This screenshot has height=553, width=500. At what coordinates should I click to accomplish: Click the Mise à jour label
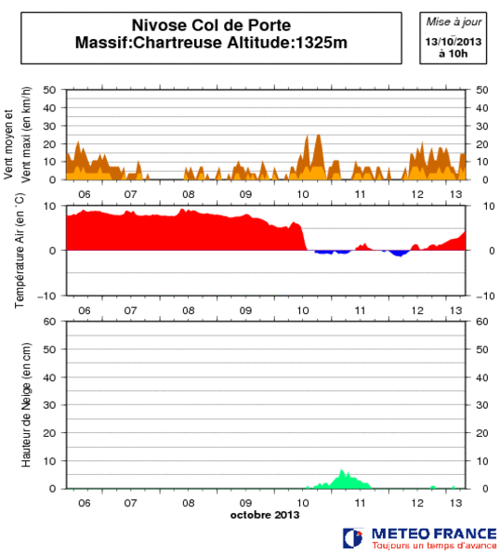click(x=454, y=20)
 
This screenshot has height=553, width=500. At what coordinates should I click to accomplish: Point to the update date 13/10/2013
click(x=454, y=42)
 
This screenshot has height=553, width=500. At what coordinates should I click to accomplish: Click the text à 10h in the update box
click(x=454, y=54)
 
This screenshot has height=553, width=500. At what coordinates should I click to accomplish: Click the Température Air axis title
click(x=20, y=251)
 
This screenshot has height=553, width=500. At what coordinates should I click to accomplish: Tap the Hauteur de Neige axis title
click(x=20, y=405)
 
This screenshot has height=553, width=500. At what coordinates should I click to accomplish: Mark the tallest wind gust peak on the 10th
click(x=319, y=136)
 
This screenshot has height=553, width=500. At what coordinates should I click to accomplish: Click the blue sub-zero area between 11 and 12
click(x=400, y=253)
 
